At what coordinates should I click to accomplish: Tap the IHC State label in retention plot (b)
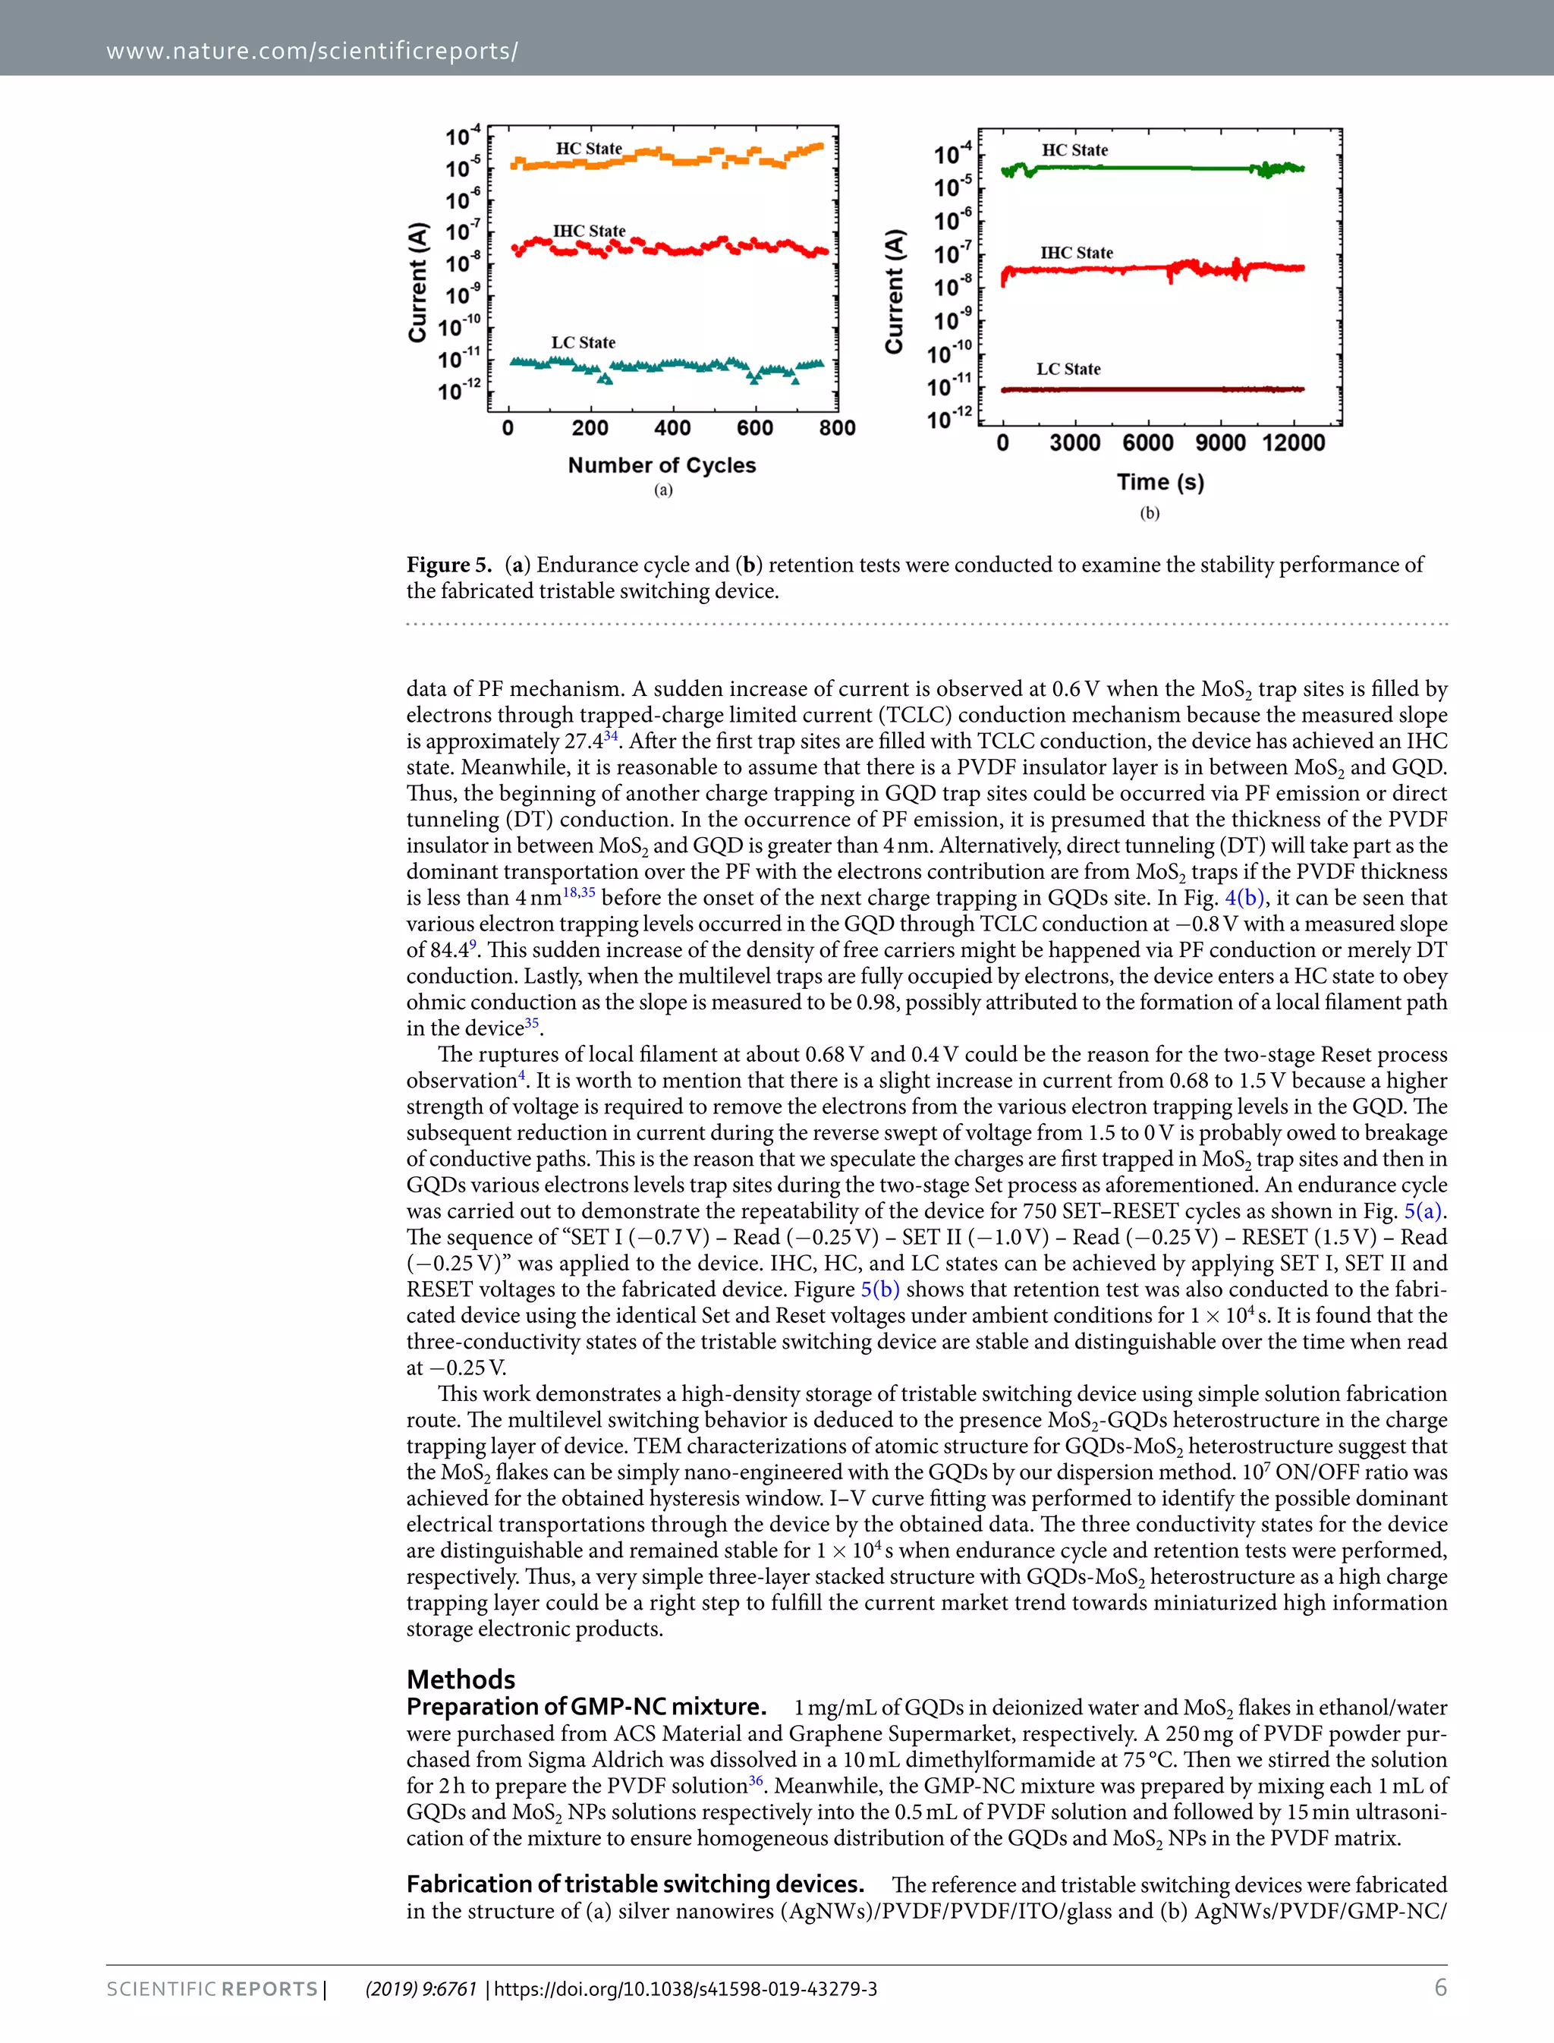pos(1076,253)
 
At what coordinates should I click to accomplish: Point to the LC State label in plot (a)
pos(583,342)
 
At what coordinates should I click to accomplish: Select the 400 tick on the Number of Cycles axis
pos(672,427)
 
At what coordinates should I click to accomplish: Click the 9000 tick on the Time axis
pos(1220,442)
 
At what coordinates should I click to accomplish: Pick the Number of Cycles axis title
pos(662,465)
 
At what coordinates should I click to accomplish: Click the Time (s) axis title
pos(1160,482)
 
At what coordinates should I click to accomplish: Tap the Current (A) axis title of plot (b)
pos(894,291)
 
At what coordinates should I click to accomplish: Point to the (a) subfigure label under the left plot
pos(663,490)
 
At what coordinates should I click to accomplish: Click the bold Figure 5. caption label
pos(448,565)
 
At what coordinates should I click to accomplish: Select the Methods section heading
pos(461,1679)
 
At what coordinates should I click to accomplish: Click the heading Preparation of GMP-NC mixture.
pos(586,1706)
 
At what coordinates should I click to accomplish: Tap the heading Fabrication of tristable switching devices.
pos(634,1884)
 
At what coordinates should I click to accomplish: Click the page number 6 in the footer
pos(1439,1988)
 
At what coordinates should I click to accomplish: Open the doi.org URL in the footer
pos(684,1989)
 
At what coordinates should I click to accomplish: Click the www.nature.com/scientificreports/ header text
pos(312,51)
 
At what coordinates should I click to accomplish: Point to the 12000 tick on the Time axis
pos(1293,442)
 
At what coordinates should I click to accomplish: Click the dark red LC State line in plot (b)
pos(1156,389)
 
